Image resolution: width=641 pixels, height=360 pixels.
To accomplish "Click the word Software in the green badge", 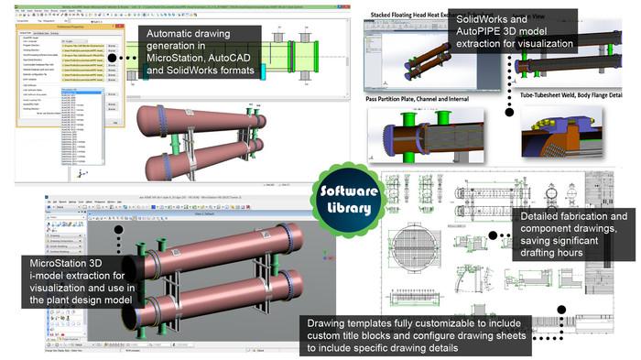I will [x=346, y=191].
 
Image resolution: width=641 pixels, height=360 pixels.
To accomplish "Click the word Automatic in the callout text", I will [x=175, y=34].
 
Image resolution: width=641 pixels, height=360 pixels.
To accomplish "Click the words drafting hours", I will [x=555, y=253].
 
